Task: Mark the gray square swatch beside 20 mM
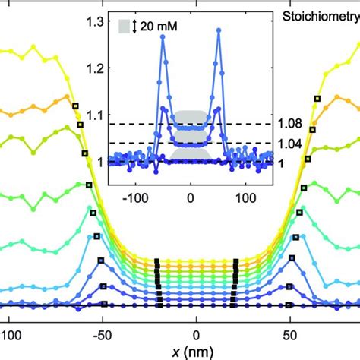125,27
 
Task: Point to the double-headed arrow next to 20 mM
136,27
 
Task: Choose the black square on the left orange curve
74,106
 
